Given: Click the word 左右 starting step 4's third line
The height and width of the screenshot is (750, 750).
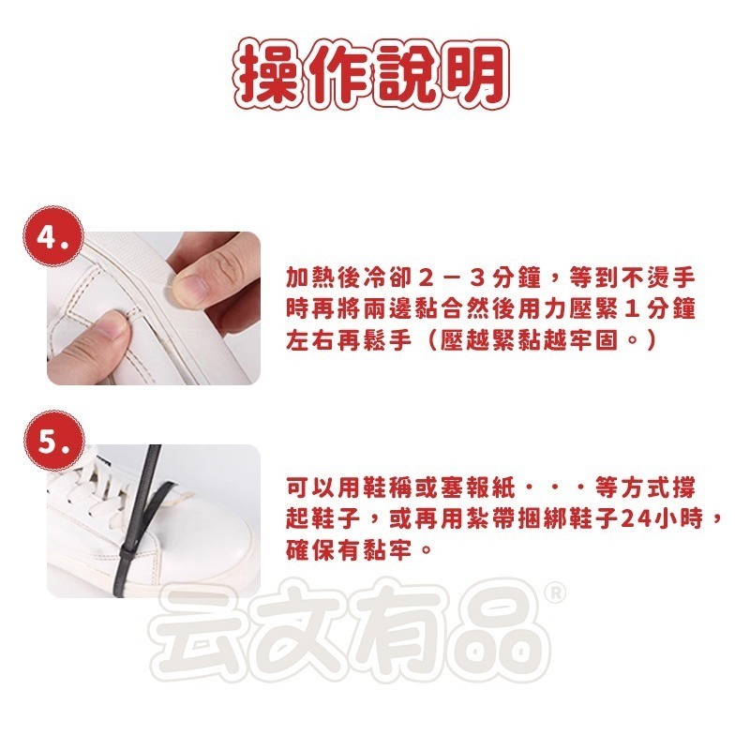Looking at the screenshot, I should coord(310,338).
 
